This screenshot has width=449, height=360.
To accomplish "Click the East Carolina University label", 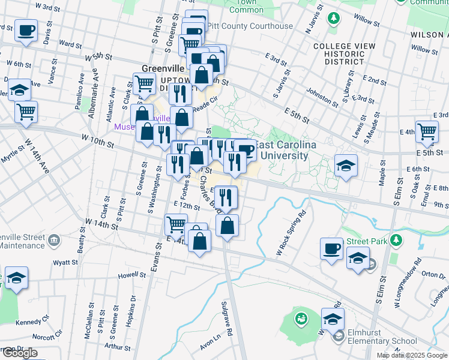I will click(x=282, y=151).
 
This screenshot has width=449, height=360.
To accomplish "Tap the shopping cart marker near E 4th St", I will click(x=427, y=131).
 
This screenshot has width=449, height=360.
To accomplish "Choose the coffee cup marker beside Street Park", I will click(x=331, y=248).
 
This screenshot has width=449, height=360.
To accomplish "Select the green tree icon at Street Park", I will click(x=396, y=241).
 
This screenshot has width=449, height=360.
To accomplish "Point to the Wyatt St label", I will click(x=65, y=263).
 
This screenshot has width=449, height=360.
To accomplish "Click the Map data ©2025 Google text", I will click(x=412, y=355).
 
